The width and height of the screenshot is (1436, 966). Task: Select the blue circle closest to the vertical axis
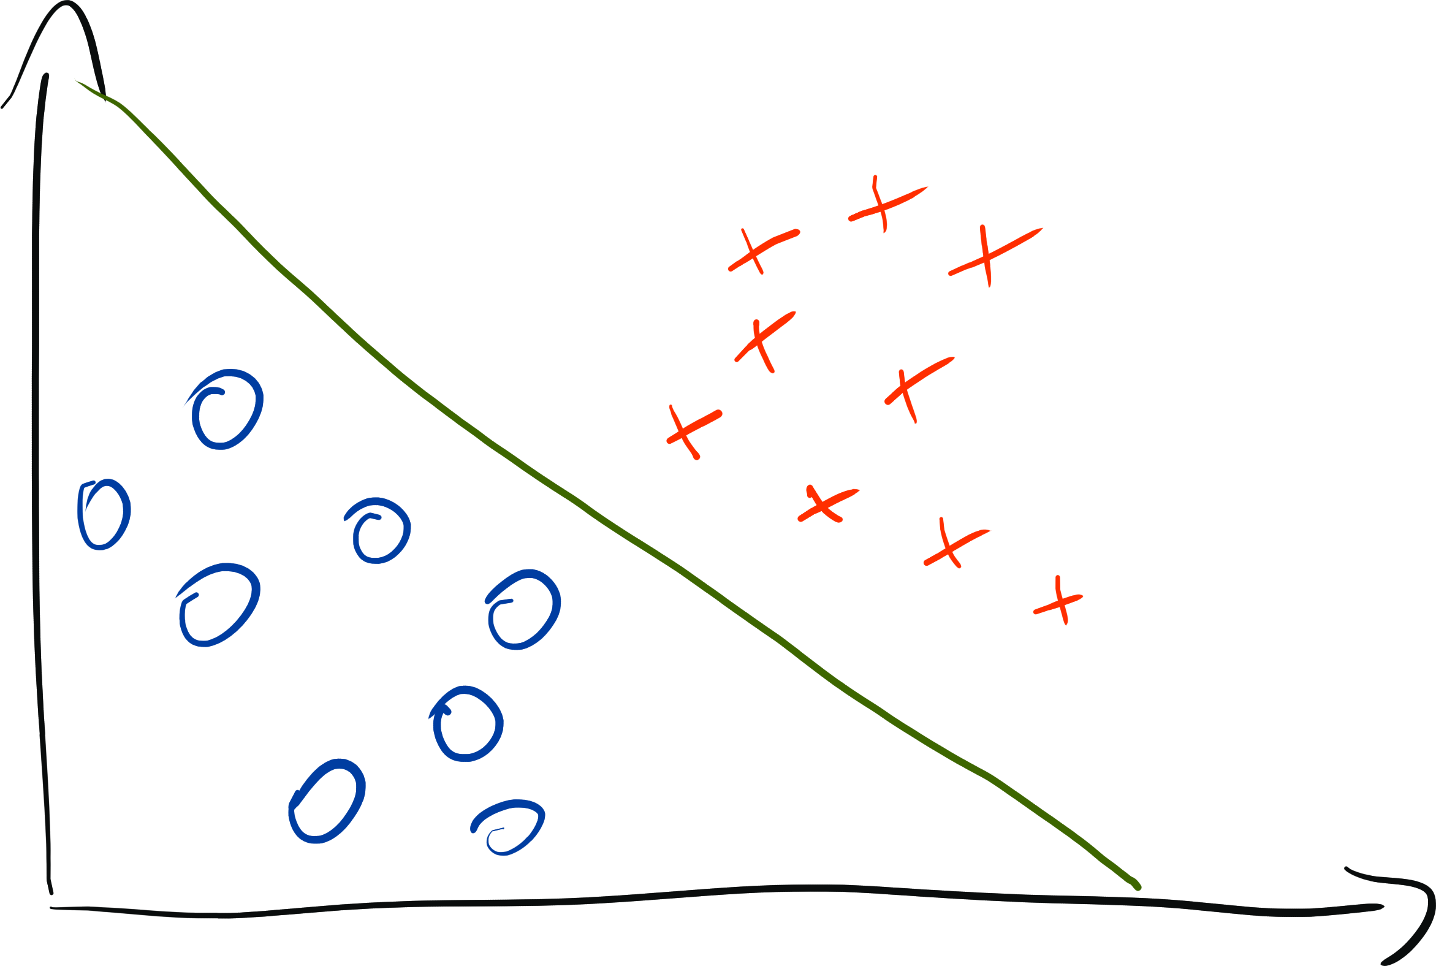104,514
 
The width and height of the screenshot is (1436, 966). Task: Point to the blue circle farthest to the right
523,609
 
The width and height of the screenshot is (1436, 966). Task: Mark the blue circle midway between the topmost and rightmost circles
378,530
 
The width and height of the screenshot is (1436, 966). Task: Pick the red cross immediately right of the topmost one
989,255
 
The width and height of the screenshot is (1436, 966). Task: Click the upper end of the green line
77,82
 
